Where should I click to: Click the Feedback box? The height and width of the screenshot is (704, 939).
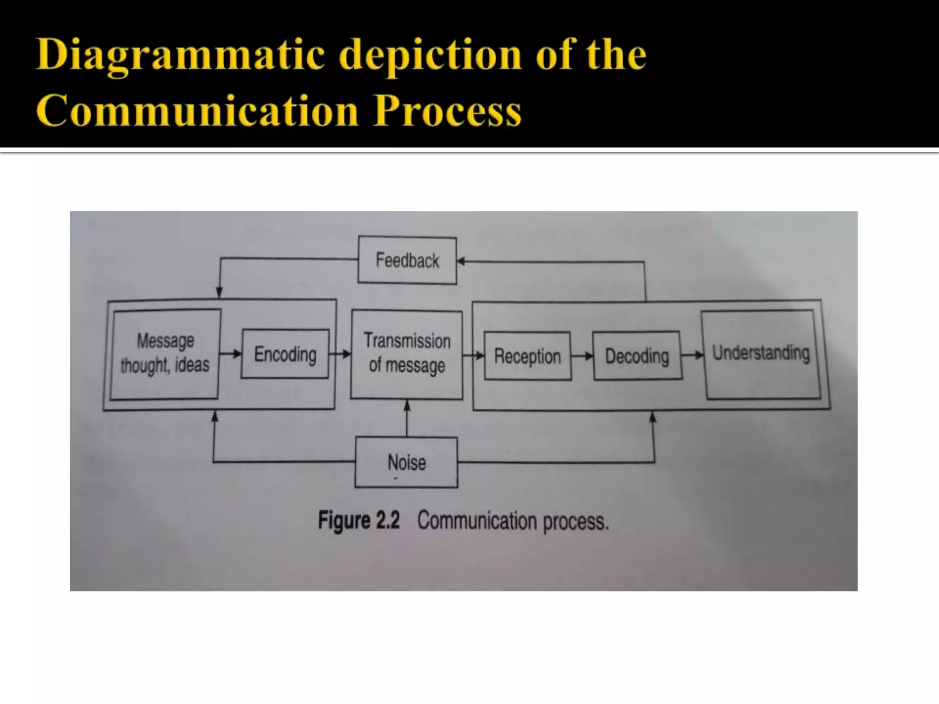click(407, 260)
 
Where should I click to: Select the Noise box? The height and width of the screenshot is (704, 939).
click(406, 462)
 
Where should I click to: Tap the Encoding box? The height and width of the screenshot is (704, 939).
click(285, 354)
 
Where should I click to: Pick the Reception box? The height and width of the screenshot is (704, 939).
click(527, 356)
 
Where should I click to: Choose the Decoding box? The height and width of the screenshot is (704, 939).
click(637, 356)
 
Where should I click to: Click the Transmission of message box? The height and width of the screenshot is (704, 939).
click(407, 354)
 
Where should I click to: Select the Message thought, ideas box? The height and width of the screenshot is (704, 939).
click(165, 354)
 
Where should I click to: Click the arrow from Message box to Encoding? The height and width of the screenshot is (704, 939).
click(230, 353)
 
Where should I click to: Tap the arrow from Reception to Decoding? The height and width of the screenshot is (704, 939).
click(582, 356)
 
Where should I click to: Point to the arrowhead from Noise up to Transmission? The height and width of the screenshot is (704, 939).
click(407, 405)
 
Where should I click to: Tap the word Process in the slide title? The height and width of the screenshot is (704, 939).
click(447, 111)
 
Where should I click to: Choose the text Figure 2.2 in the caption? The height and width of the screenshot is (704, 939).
click(359, 521)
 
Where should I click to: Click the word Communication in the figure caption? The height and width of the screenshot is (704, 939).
click(477, 521)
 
